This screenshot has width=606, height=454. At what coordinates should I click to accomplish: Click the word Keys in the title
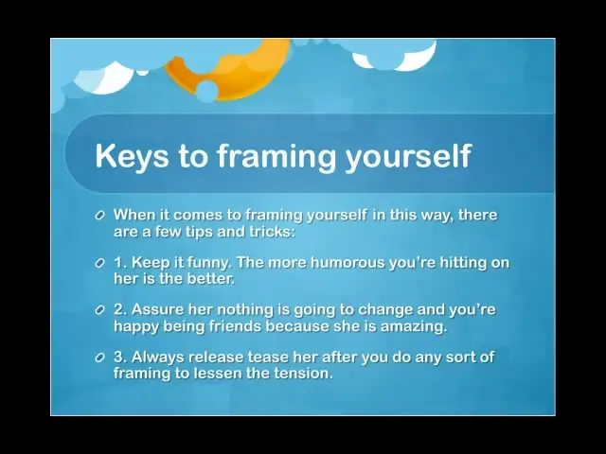coord(132,155)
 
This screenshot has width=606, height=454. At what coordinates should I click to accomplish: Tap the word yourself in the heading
coord(408,155)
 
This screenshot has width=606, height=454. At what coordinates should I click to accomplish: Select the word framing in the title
coord(276,155)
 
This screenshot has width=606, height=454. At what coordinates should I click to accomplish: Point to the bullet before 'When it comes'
coord(99,215)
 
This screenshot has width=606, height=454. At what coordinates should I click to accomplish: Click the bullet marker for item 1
coord(99,263)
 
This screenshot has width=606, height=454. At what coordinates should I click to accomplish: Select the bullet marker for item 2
coord(99,310)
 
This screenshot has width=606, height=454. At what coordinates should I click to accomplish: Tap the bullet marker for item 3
coord(99,358)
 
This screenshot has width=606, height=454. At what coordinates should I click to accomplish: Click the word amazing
coord(414,327)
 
